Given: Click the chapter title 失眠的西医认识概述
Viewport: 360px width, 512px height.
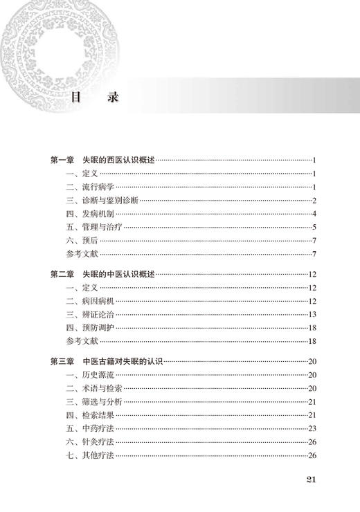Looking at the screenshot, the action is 118,161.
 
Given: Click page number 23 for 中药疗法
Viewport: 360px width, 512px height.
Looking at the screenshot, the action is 312,428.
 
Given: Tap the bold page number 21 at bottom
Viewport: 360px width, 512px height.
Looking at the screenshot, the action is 311,480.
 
